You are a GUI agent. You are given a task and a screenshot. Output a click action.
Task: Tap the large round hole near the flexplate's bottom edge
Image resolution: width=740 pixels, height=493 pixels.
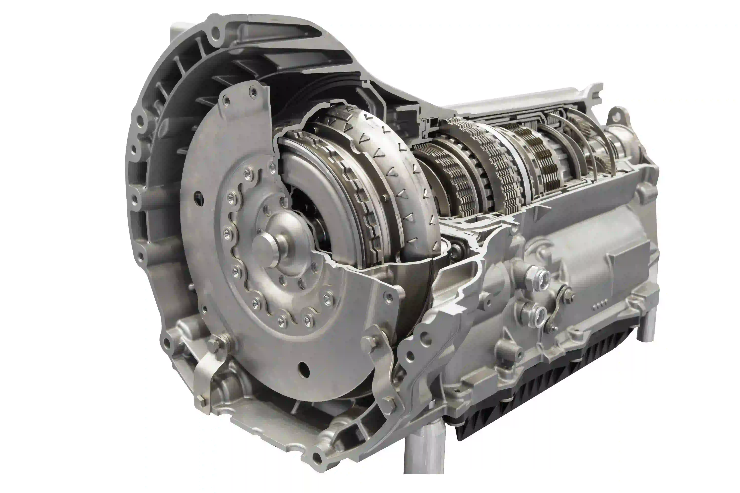[304, 367]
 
